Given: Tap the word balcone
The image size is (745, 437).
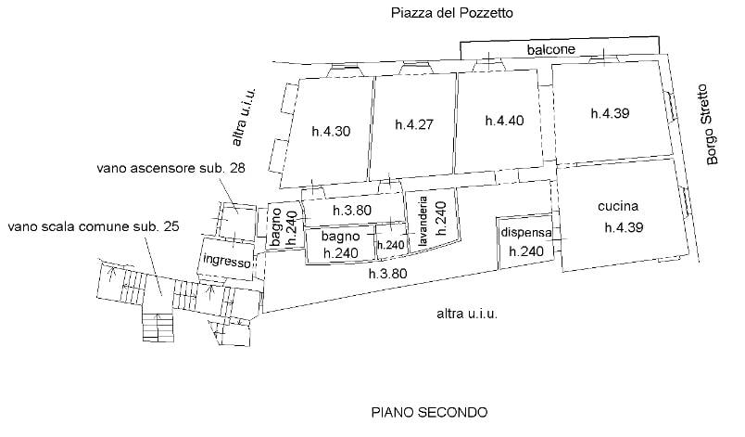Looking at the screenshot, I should (x=552, y=49).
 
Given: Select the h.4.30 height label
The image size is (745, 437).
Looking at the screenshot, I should (x=331, y=130).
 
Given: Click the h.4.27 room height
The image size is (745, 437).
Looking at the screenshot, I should (x=414, y=124).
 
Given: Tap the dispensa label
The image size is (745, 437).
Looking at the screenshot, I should (x=525, y=233).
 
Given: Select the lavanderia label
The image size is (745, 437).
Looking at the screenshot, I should (x=423, y=225).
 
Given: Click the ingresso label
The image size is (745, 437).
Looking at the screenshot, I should (x=227, y=262).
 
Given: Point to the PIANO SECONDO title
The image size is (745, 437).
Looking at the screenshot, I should (x=429, y=412).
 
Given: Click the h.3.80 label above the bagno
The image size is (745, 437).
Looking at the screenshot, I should (x=352, y=211).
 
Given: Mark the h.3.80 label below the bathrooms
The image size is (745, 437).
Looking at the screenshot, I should (x=386, y=274).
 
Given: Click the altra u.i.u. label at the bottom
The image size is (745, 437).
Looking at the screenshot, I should (x=467, y=315).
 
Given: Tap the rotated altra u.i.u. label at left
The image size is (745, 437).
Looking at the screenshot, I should (x=245, y=119).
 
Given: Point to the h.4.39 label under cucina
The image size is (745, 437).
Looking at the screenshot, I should (x=623, y=226).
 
